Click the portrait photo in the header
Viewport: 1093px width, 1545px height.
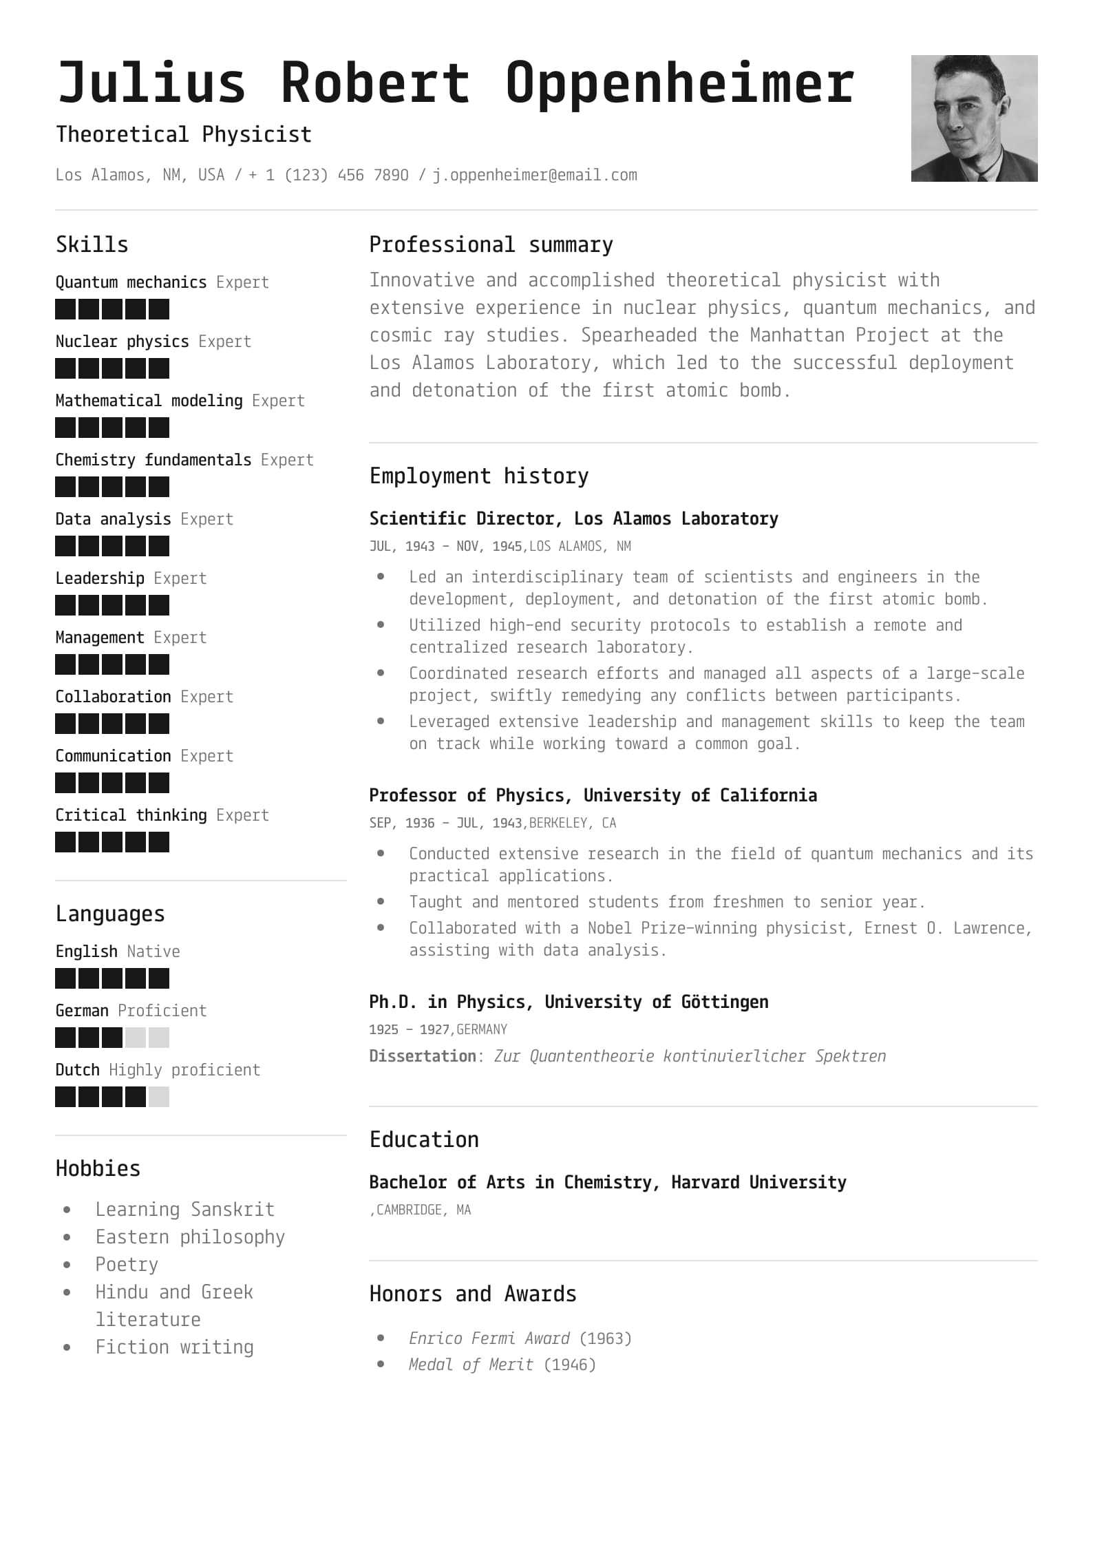pos(974,118)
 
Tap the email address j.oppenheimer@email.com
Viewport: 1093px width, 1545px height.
pos(535,175)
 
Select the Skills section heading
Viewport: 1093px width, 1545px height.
pos(92,245)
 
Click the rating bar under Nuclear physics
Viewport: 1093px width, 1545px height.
pos(112,368)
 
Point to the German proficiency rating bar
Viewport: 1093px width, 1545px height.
pos(112,1038)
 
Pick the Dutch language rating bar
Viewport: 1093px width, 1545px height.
pos(112,1097)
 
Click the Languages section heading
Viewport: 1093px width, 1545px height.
pos(110,914)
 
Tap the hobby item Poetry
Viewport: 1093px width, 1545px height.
pos(127,1265)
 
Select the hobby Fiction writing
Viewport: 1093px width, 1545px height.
pos(174,1347)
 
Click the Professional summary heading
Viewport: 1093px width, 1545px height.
pos(491,245)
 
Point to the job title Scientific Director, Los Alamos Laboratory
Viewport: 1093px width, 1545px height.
pos(573,518)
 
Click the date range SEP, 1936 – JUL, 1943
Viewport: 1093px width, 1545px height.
pos(445,823)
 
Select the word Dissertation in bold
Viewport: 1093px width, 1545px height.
pos(423,1056)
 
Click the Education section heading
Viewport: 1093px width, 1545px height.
pos(424,1139)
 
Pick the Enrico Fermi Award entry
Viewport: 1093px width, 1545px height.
pos(489,1338)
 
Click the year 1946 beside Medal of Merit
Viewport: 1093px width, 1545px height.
pos(570,1365)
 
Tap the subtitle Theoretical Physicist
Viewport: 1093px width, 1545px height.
pos(184,134)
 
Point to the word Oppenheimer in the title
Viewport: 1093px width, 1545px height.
pos(679,83)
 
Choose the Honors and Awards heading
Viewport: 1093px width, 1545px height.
pos(473,1294)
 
